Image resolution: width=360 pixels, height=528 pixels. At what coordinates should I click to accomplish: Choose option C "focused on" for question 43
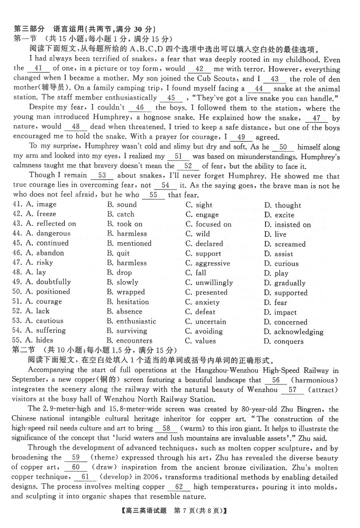pyautogui.click(x=208, y=224)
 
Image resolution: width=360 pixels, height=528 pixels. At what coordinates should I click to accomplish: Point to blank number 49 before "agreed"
pyautogui.click(x=241, y=137)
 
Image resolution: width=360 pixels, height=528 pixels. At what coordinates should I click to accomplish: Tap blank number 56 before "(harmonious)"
pyautogui.click(x=276, y=380)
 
